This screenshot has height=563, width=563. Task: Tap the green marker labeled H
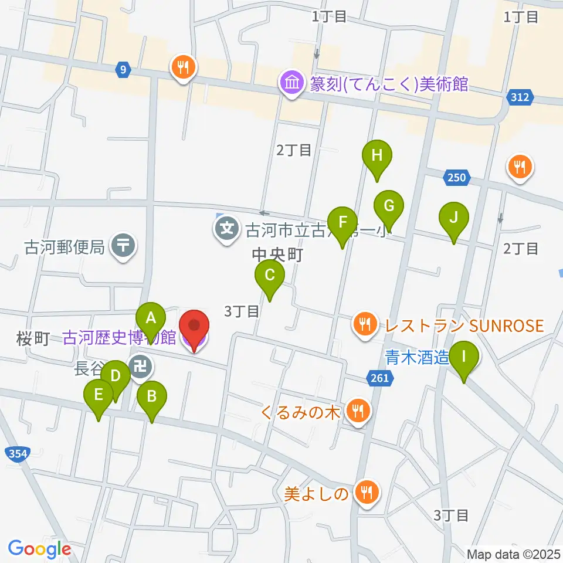coord(377,156)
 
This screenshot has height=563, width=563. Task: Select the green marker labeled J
coord(453,218)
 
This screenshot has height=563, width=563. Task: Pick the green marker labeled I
coord(464,357)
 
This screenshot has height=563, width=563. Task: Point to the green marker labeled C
coord(270,275)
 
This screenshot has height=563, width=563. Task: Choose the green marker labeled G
coord(389,206)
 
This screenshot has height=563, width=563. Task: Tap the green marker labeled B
coord(151,396)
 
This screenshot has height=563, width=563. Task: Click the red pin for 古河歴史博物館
coord(194,325)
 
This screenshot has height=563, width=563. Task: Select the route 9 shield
coord(122,70)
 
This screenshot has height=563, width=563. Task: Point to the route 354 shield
coord(17,453)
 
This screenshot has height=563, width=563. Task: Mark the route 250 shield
coord(457,177)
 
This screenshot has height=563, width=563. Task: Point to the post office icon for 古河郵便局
coord(123,247)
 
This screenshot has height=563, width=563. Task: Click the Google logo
coord(39,549)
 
